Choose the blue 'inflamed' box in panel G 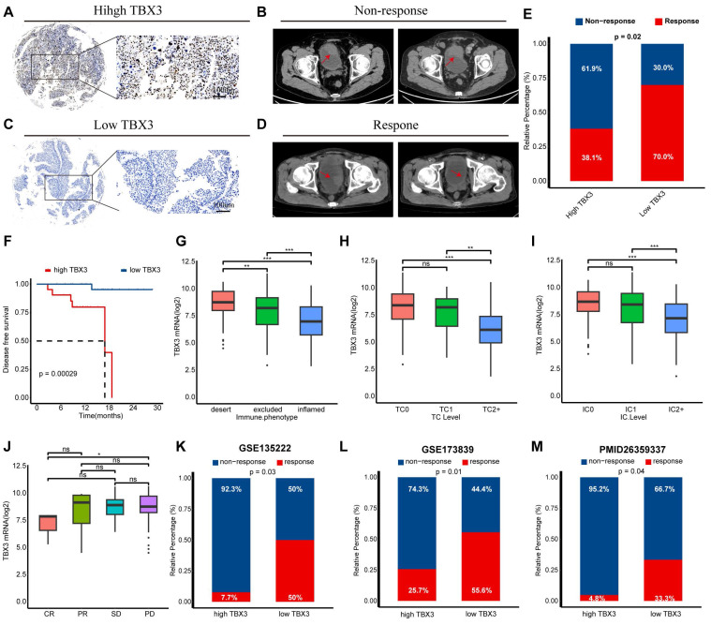pyautogui.click(x=317, y=327)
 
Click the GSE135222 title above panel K pyautogui.click(x=280, y=446)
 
